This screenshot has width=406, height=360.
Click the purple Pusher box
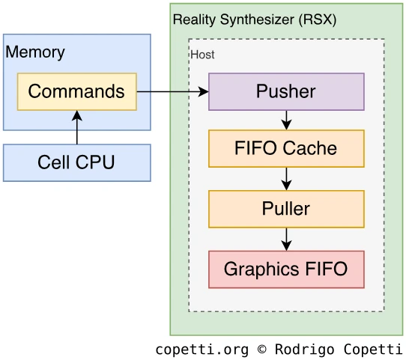tap(286, 92)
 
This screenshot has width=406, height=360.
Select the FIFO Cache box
tap(286, 148)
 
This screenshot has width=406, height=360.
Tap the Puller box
tap(286, 209)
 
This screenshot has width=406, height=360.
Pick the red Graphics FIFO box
tap(286, 269)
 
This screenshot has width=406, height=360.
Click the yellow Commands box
tap(77, 91)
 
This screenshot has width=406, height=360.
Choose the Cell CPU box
tap(77, 162)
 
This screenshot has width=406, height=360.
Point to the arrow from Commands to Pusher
tap(172, 91)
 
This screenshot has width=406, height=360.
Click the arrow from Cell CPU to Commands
tap(77, 127)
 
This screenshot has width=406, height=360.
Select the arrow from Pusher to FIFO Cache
tap(286, 120)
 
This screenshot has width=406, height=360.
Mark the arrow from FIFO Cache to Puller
tap(286, 179)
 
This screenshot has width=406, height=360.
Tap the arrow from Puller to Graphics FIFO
tap(286, 240)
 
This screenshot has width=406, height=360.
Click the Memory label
tap(35, 52)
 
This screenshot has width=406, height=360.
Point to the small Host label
tap(202, 55)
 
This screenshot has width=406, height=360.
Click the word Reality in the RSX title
tap(194, 20)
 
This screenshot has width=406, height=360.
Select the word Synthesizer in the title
tap(257, 20)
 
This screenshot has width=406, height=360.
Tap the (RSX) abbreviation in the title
tap(318, 19)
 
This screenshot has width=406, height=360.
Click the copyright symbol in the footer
tap(261, 349)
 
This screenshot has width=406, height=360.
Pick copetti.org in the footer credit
tap(202, 350)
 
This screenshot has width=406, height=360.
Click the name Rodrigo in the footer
tap(304, 350)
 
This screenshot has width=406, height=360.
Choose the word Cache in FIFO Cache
tap(309, 148)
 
